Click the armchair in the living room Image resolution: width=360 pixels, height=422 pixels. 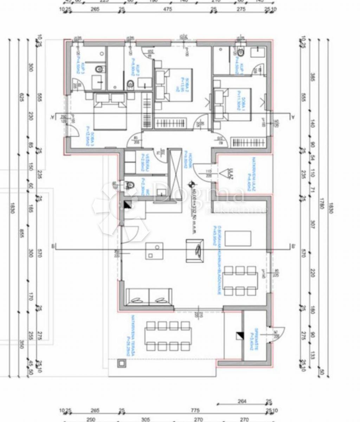(x=195, y=250)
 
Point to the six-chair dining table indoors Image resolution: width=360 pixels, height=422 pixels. (x=240, y=281)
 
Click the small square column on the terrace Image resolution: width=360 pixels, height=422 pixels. (x=122, y=363)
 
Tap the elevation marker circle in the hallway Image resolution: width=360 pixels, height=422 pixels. (x=191, y=183)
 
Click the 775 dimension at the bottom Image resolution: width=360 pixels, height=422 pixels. (x=195, y=411)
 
